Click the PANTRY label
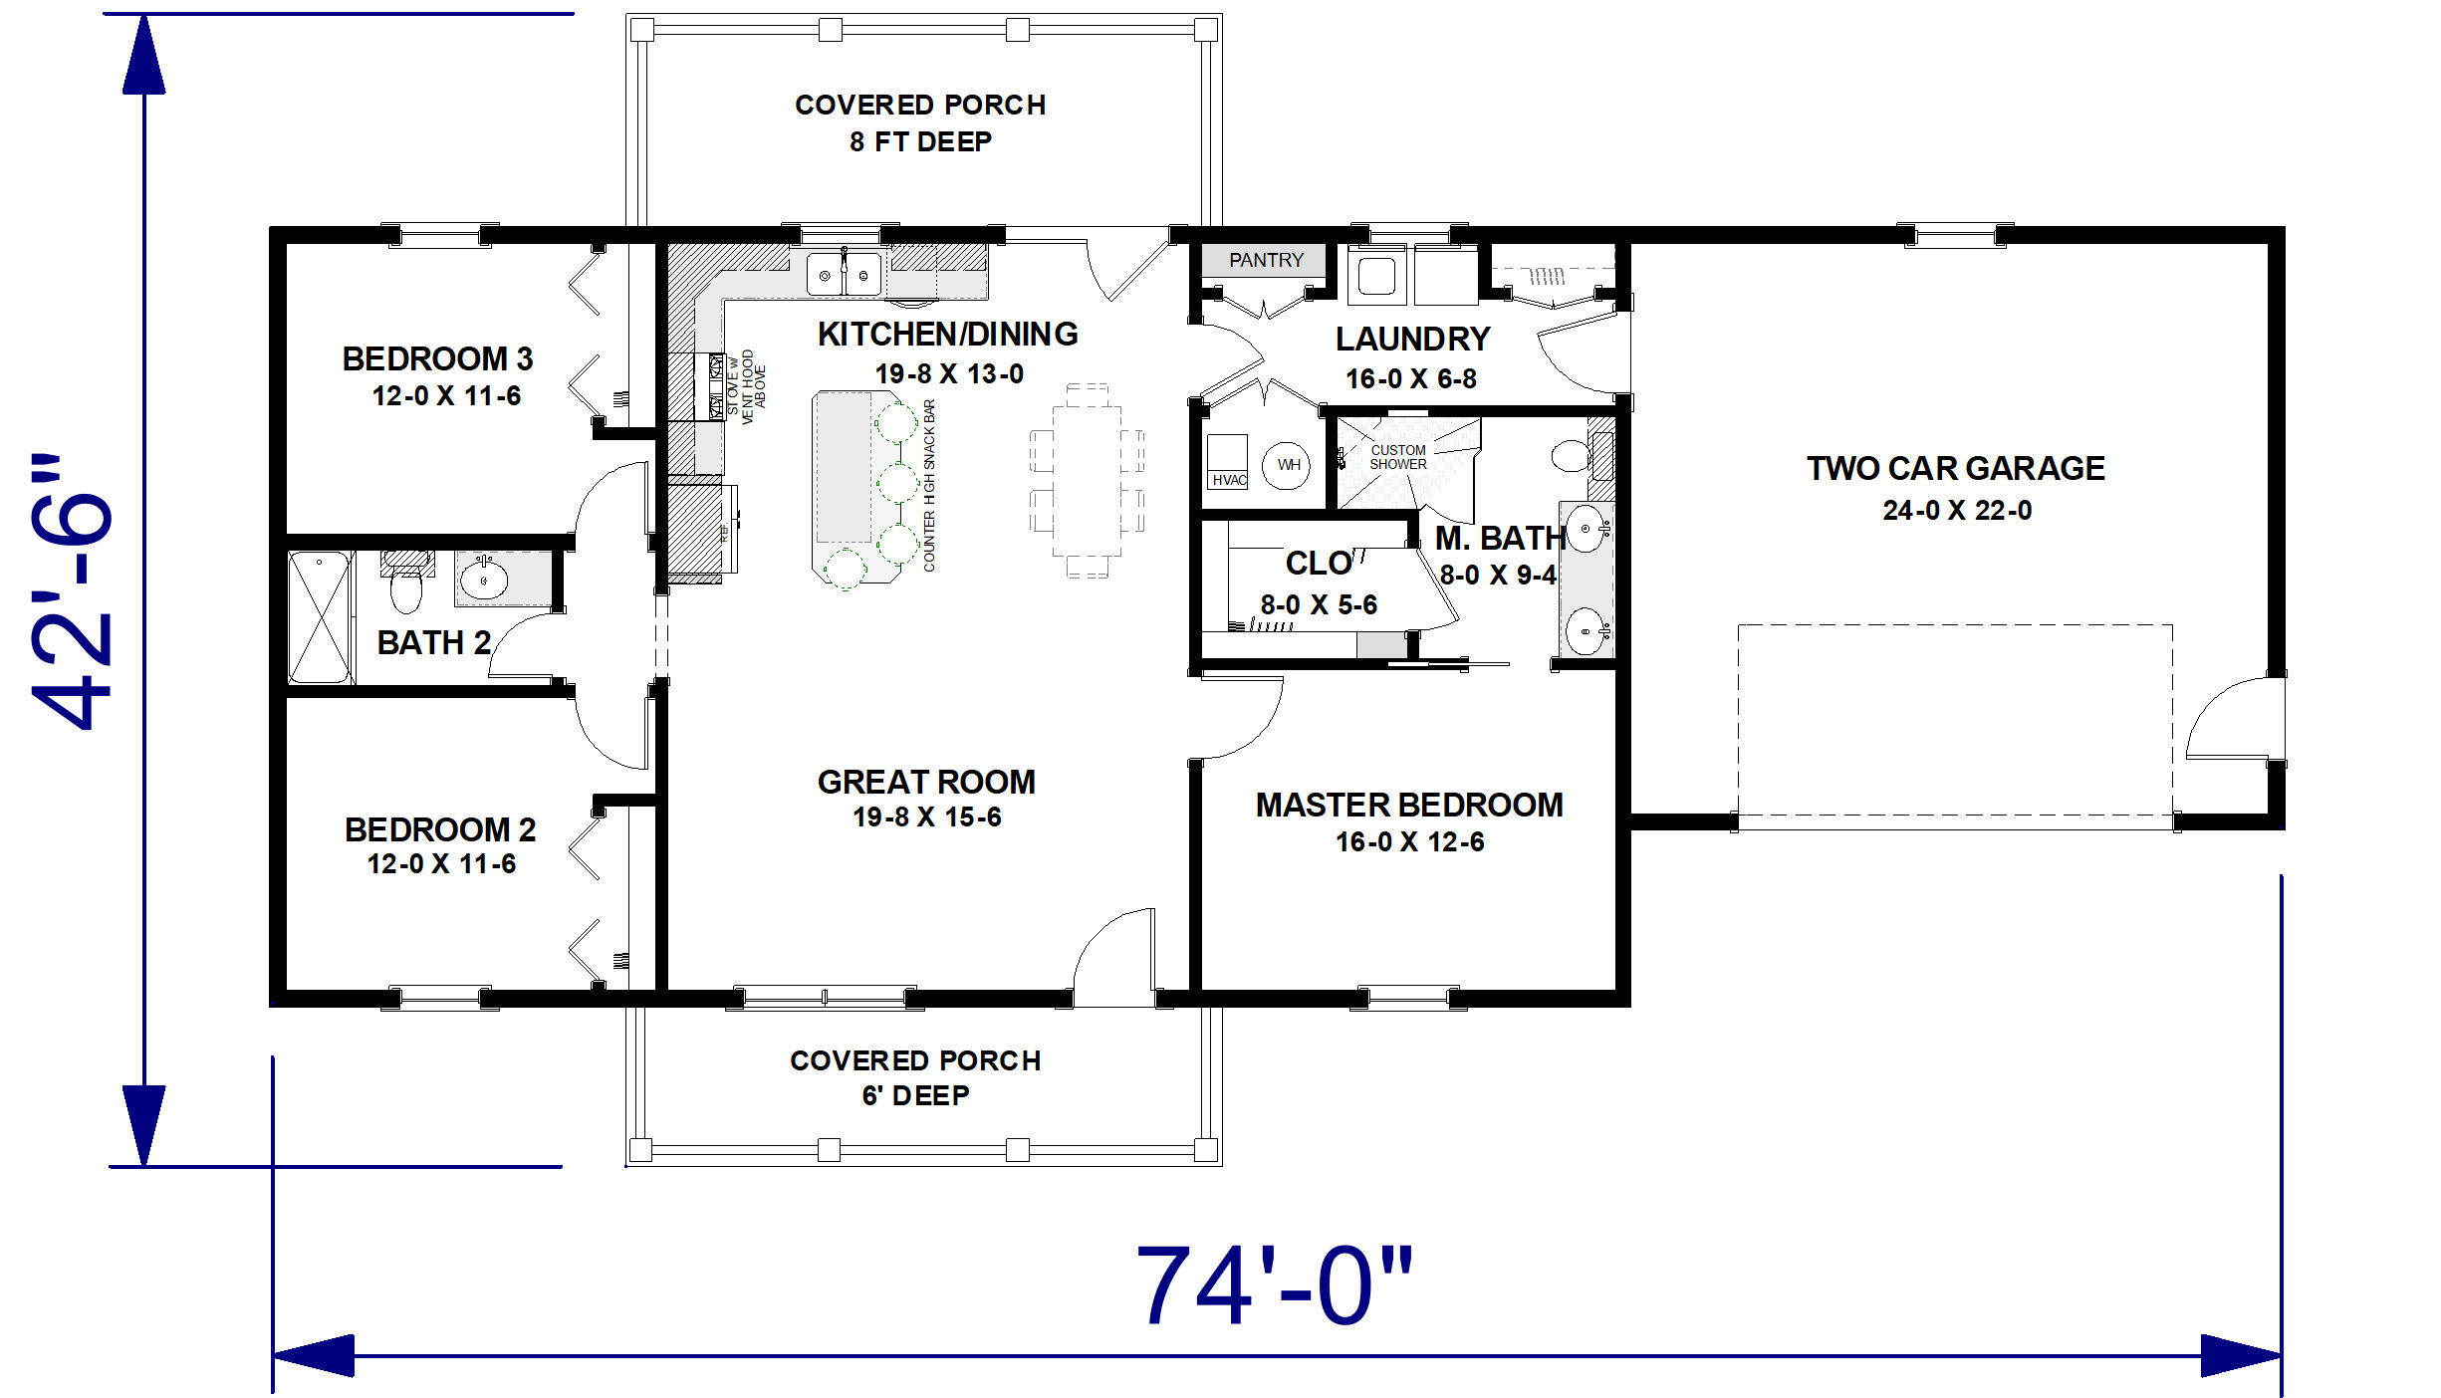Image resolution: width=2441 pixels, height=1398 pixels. pyautogui.click(x=1266, y=260)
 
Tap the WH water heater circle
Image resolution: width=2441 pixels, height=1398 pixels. pyautogui.click(x=1289, y=465)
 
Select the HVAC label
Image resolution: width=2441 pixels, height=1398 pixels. pyautogui.click(x=1229, y=480)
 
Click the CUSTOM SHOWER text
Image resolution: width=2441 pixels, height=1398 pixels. pyautogui.click(x=1398, y=457)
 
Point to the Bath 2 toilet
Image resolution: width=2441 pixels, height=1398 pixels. pyautogui.click(x=406, y=582)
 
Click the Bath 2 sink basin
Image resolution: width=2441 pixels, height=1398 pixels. pyautogui.click(x=484, y=579)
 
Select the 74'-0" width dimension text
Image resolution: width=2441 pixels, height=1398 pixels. pyautogui.click(x=1275, y=1285)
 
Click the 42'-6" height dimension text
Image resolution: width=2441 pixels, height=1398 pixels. pyautogui.click(x=72, y=591)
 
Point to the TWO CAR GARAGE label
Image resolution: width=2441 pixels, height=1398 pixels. pyautogui.click(x=1956, y=468)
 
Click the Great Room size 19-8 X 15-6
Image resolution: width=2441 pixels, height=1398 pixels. pyautogui.click(x=927, y=817)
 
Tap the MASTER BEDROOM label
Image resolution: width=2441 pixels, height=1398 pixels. pyautogui.click(x=1409, y=805)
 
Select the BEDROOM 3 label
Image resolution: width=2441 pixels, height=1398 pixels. pyautogui.click(x=437, y=358)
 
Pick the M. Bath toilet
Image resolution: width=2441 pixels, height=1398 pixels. pyautogui.click(x=1574, y=456)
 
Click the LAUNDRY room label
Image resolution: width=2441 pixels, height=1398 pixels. pyautogui.click(x=1412, y=340)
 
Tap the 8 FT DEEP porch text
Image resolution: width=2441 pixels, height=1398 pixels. pyautogui.click(x=920, y=142)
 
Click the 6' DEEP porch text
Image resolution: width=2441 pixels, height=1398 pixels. pyautogui.click(x=915, y=1095)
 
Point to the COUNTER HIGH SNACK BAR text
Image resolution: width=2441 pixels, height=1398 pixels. pyautogui.click(x=929, y=486)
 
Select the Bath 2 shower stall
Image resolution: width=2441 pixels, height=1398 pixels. pyautogui.click(x=320, y=617)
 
